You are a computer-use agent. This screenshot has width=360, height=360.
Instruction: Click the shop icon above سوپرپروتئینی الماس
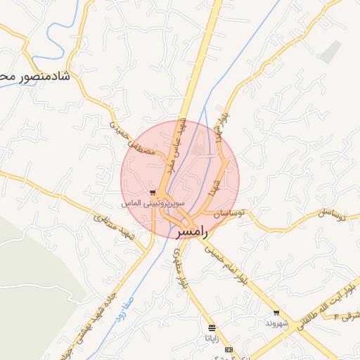[x=153, y=191]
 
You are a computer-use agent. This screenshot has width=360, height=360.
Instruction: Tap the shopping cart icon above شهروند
[x=276, y=313]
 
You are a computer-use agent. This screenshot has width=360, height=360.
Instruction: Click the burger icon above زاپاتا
[x=212, y=328]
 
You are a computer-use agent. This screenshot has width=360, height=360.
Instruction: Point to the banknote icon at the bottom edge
[x=229, y=349]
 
